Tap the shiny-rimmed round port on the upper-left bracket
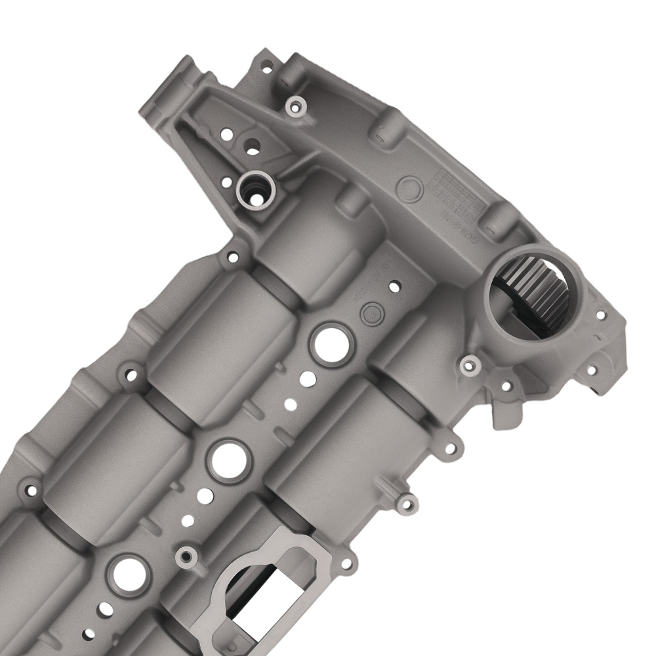(x=255, y=189)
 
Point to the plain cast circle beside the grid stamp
(x=411, y=189)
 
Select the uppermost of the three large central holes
(x=331, y=342)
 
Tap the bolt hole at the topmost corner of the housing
(x=266, y=66)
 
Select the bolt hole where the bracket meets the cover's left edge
(x=231, y=258)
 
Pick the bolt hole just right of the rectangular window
(x=346, y=563)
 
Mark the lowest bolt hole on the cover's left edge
(x=30, y=489)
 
